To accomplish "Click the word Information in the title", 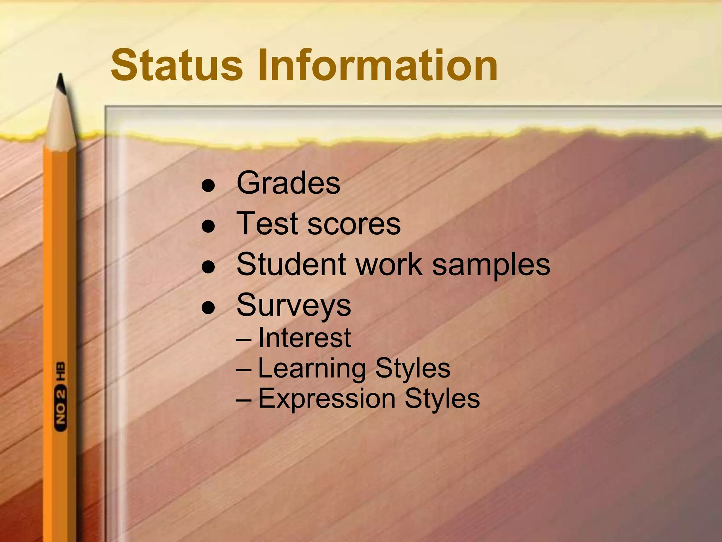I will click(377, 65).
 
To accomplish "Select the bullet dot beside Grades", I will click(208, 186).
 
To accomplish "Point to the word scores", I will click(354, 224).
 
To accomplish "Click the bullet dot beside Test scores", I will click(208, 226).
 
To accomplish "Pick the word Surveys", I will click(294, 306).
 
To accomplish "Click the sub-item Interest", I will click(305, 338).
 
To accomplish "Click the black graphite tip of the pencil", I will click(61, 83).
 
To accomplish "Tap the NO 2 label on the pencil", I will click(60, 408).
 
